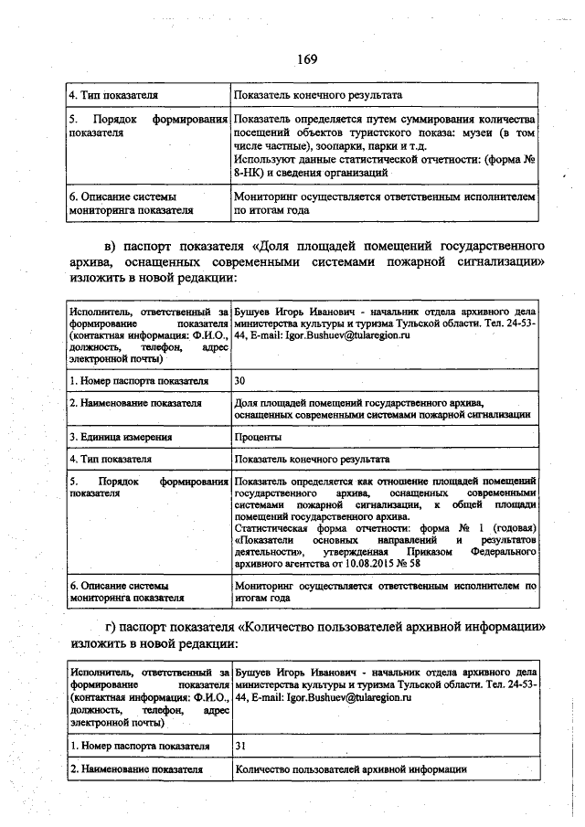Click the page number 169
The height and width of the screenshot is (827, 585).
(x=305, y=59)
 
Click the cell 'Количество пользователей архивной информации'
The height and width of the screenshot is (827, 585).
(x=351, y=769)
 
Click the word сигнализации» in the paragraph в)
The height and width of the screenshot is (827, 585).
(x=498, y=261)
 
